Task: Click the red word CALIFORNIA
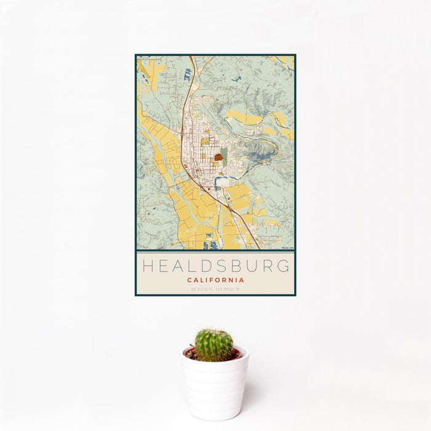[x=216, y=280]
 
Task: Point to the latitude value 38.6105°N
[x=202, y=289]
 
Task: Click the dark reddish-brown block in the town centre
[x=219, y=158]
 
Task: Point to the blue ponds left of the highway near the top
[x=187, y=75]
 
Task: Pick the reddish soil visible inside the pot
[x=236, y=354]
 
